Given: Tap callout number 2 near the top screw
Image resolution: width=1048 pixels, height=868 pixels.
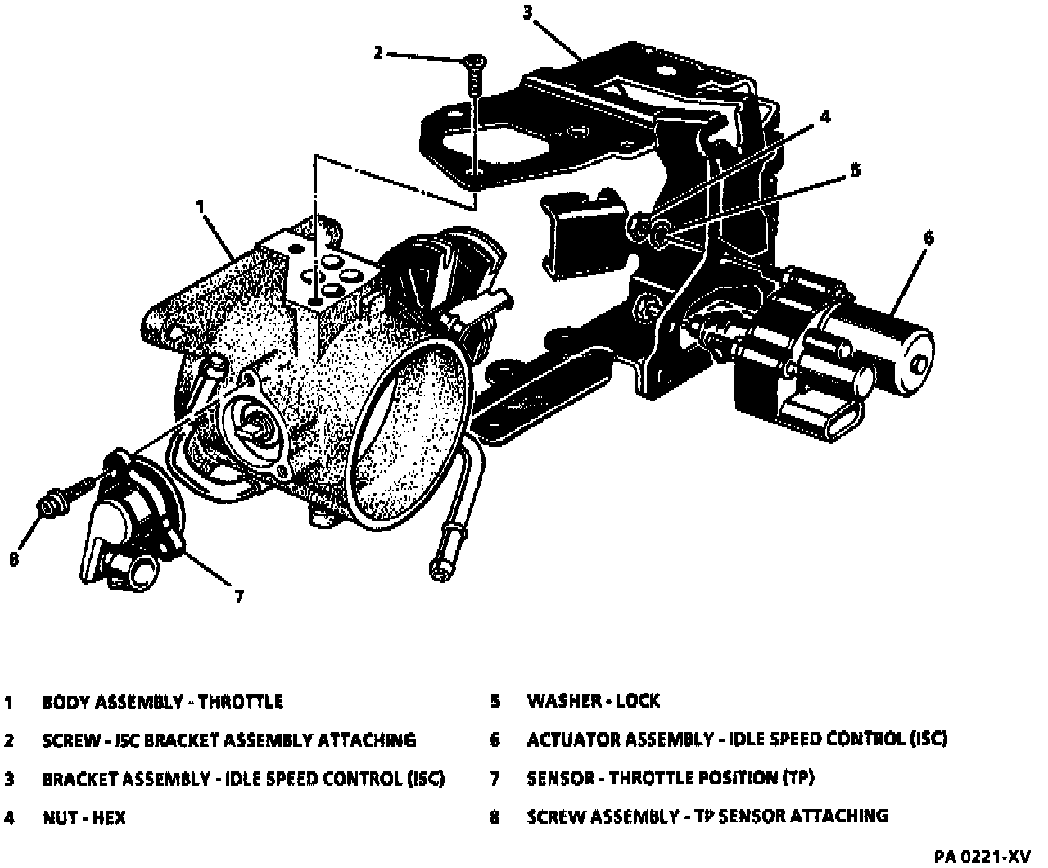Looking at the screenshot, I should [x=377, y=53].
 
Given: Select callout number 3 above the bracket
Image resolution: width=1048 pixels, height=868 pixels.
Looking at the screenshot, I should [x=528, y=11].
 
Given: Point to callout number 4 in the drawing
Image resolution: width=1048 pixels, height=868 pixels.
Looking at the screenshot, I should [x=825, y=117].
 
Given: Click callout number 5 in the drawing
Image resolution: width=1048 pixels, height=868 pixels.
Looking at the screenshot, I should [x=856, y=170].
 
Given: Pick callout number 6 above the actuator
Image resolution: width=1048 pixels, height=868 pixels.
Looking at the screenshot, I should [x=928, y=237].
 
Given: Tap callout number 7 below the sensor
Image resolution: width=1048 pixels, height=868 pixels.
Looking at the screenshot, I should [x=239, y=596].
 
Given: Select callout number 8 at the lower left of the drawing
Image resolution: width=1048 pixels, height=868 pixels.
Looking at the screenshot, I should [x=14, y=559].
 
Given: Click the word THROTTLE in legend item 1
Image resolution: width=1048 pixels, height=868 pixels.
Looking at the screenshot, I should [x=241, y=703].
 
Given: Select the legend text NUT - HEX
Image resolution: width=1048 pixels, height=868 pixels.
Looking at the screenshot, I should [x=84, y=817].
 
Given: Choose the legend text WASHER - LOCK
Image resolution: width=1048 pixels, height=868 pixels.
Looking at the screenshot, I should [x=593, y=701].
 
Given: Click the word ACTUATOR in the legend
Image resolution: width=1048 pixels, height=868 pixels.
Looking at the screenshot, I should [x=573, y=739].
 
